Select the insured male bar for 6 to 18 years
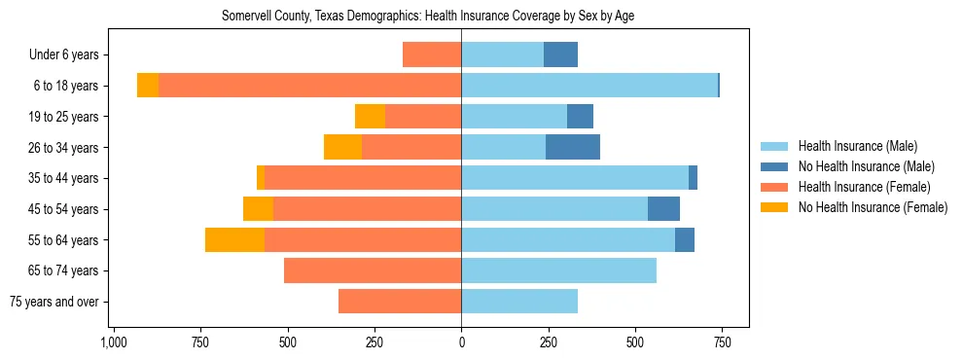point(588,86)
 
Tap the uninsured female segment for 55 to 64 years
point(234,239)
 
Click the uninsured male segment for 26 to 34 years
point(573,147)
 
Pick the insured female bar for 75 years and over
point(400,302)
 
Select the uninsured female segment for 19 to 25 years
point(370,117)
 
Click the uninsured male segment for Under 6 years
point(560,54)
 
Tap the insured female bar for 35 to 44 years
point(363,178)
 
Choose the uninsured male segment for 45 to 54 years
point(663,209)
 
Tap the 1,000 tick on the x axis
point(114,342)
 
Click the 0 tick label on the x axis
point(461,342)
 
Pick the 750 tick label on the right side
point(722,342)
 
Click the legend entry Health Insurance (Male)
point(857,146)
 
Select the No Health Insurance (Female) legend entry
point(873,207)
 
